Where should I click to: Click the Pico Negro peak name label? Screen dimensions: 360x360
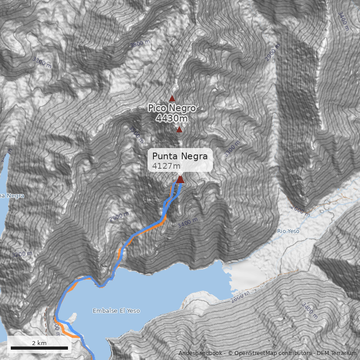click(x=172, y=108)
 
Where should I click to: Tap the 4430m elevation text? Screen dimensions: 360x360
click(x=172, y=118)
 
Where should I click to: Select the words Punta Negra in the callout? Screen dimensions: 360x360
click(x=180, y=156)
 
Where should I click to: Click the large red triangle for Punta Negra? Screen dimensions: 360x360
click(x=180, y=180)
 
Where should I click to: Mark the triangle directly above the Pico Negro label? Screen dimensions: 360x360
click(x=172, y=98)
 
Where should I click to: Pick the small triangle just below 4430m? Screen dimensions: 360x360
click(x=180, y=130)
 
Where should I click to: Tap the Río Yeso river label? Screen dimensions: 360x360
click(x=288, y=231)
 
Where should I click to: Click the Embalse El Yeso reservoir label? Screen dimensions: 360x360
click(x=116, y=311)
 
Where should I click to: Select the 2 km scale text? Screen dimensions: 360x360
click(x=39, y=343)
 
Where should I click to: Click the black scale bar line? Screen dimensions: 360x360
click(x=39, y=348)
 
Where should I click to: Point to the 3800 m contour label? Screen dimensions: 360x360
click(x=140, y=44)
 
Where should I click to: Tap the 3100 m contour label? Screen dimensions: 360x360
click(x=42, y=61)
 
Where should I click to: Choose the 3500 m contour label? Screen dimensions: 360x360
click(x=135, y=133)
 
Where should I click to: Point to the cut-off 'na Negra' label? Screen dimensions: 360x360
click(x=12, y=196)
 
